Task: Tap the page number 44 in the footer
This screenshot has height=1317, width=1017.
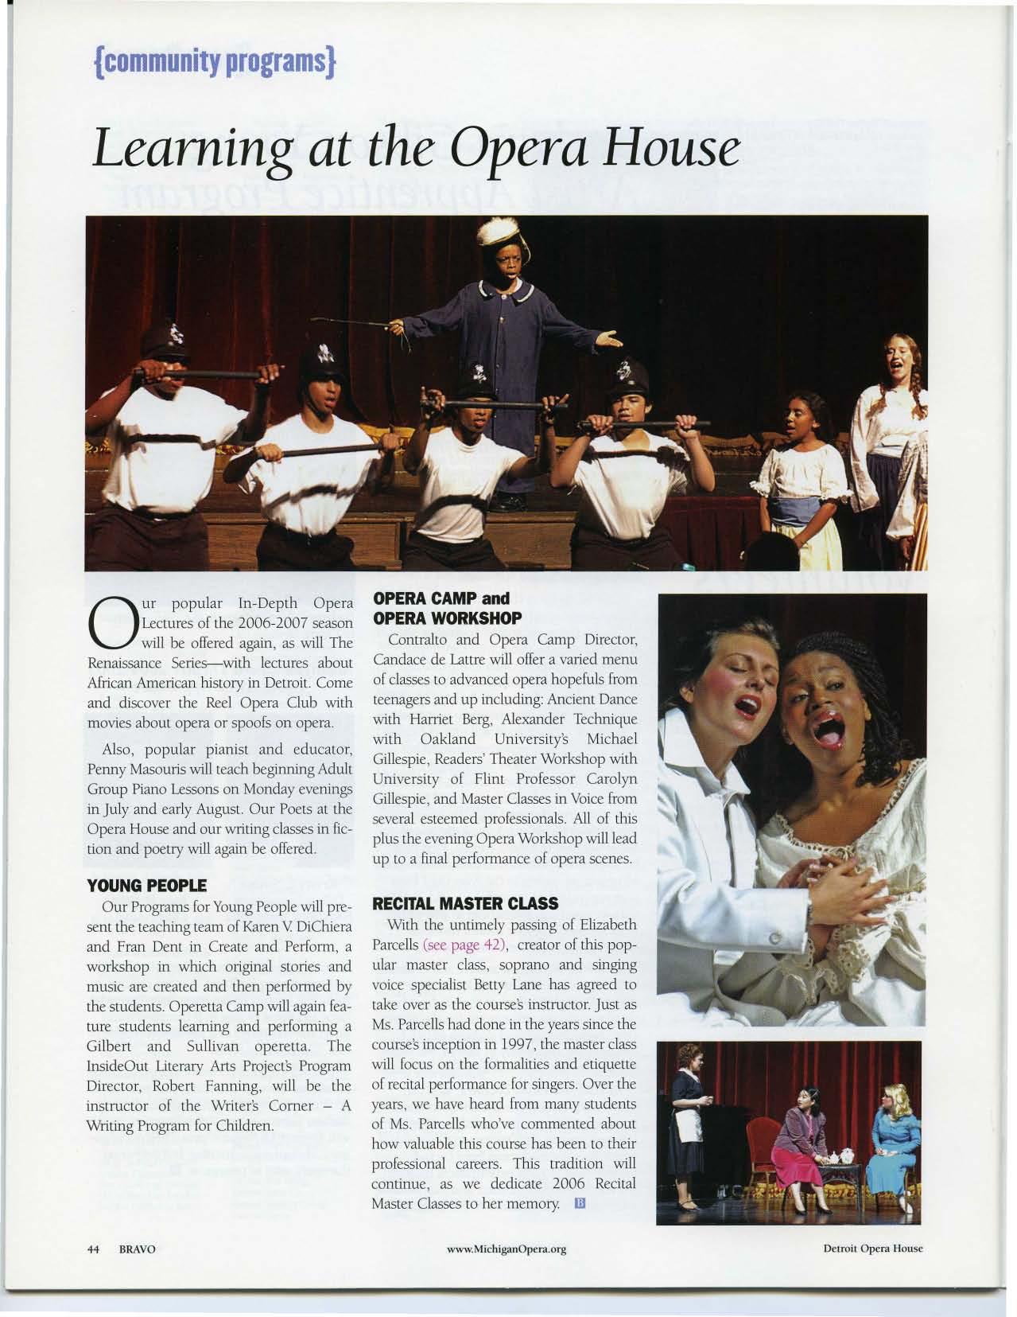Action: point(92,1249)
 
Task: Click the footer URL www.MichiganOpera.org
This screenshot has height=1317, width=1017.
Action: point(507,1249)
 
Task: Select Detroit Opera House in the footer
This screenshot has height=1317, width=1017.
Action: point(872,1248)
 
